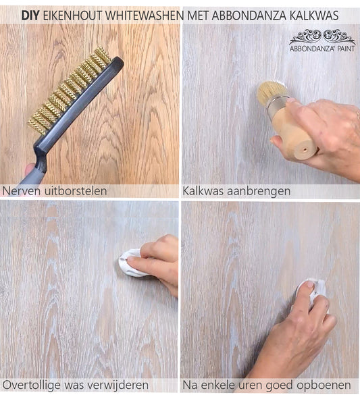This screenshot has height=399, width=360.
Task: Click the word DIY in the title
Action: click(x=30, y=16)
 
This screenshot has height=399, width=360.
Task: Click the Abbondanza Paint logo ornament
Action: click(x=322, y=37)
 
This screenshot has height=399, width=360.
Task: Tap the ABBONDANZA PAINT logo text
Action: click(x=322, y=49)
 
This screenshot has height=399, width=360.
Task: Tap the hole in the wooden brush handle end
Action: click(x=304, y=149)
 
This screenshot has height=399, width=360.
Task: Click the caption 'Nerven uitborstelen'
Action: click(x=55, y=191)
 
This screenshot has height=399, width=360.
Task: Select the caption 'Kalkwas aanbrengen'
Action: click(x=236, y=191)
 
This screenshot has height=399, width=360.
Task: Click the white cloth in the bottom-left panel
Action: click(x=132, y=263)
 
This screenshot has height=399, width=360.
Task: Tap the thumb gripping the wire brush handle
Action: click(x=30, y=170)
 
